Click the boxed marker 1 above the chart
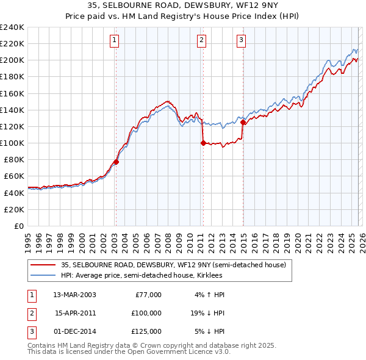coord(115,41)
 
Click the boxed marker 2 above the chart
coord(201,41)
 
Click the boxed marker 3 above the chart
coord(241,41)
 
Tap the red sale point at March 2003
coord(116,162)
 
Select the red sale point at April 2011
coord(203,143)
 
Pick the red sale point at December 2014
coord(243,123)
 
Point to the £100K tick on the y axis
coord(12,143)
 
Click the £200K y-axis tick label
coord(12,60)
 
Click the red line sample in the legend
coord(43,264)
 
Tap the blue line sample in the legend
coord(43,275)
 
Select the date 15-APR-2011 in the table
coord(76,313)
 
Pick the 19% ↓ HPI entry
coord(207,313)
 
